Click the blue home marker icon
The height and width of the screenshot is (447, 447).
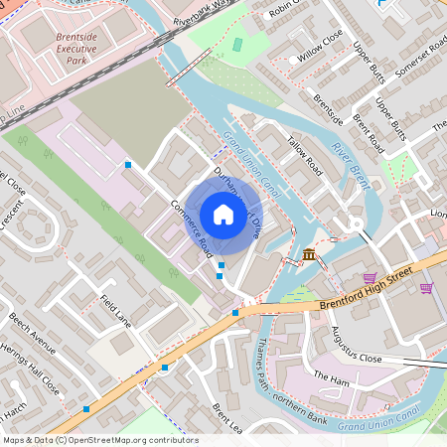[x=223, y=214]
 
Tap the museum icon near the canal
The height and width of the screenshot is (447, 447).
[x=310, y=255]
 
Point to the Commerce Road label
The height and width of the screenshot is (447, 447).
[x=191, y=226]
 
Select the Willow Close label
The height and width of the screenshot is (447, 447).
[x=319, y=53]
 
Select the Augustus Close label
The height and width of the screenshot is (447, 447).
[x=356, y=343]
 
